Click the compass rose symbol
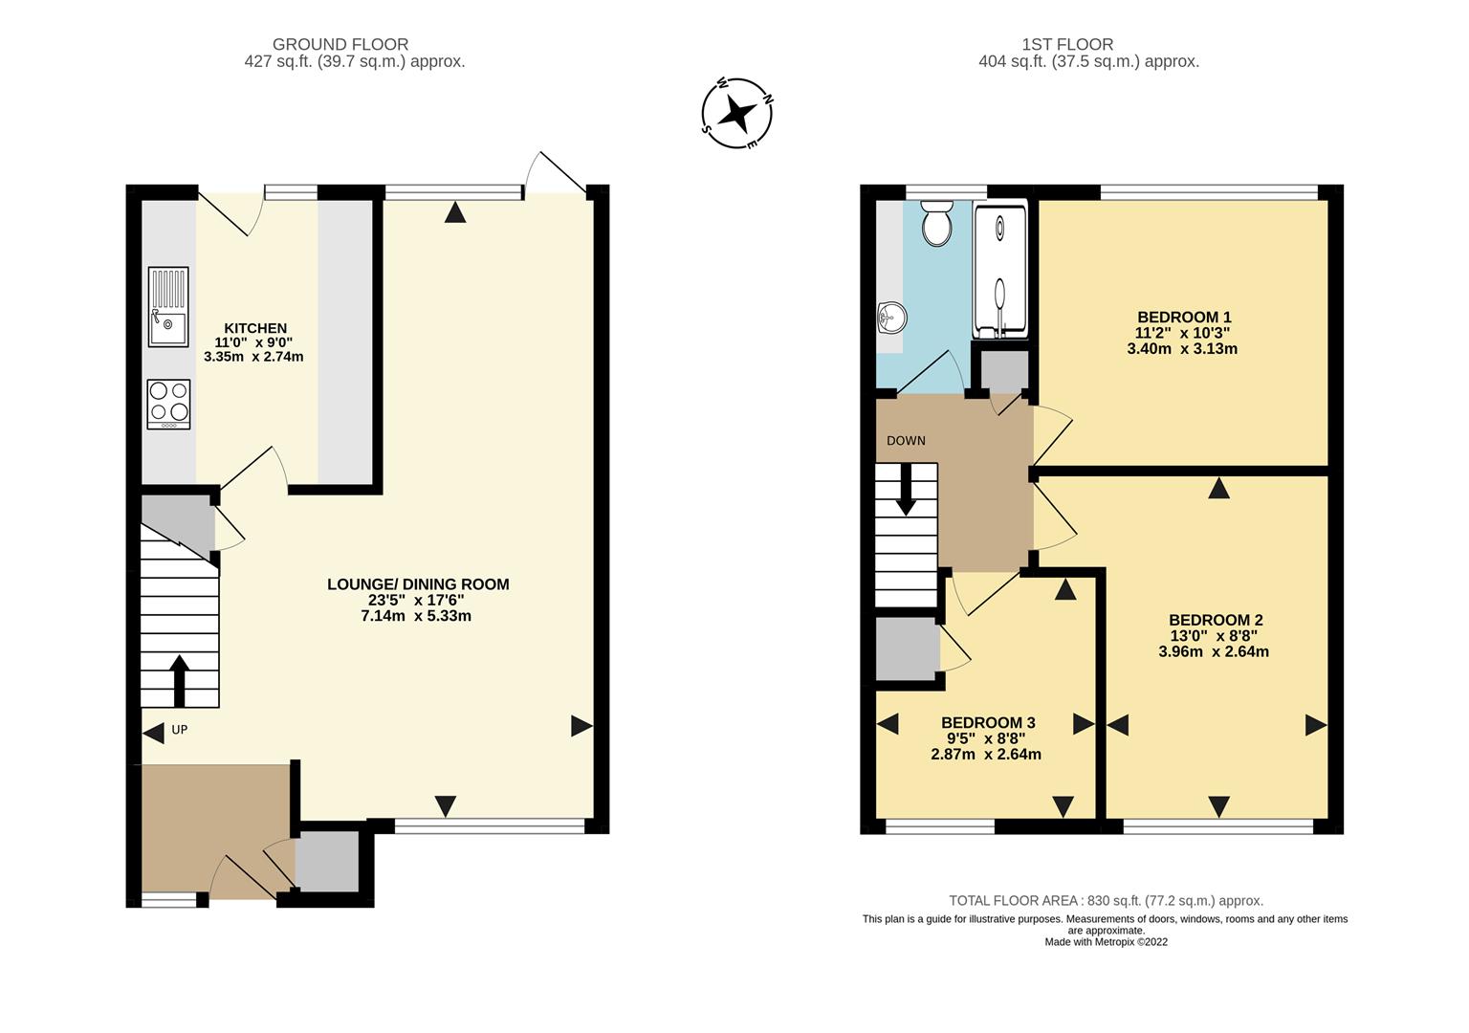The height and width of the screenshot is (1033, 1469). [x=736, y=114]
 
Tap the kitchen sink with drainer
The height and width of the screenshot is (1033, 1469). [x=168, y=307]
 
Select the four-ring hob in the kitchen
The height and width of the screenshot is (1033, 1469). [x=168, y=405]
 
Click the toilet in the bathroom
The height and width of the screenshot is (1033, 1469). [x=937, y=223]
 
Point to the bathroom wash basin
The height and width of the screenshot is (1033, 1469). [x=890, y=319]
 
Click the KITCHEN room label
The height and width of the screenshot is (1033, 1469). [x=254, y=328]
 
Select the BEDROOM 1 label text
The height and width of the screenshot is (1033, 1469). [x=1183, y=318]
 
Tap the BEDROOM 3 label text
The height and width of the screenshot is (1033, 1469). [x=987, y=723]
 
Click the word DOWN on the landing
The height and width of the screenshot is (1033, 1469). [x=906, y=441]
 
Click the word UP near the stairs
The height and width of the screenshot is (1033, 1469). [x=179, y=730]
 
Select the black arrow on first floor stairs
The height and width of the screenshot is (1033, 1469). [x=905, y=490]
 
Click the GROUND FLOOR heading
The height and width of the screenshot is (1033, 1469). [x=340, y=44]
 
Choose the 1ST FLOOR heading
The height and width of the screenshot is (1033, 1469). [x=1067, y=44]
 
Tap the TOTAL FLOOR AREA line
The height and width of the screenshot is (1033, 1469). [x=1106, y=901]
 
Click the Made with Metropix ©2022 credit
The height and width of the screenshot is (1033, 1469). [x=1106, y=942]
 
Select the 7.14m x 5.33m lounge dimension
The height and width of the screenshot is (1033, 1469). [x=416, y=616]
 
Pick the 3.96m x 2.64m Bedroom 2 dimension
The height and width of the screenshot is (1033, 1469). [x=1214, y=652]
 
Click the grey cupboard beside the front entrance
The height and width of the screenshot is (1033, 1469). [x=326, y=861]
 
